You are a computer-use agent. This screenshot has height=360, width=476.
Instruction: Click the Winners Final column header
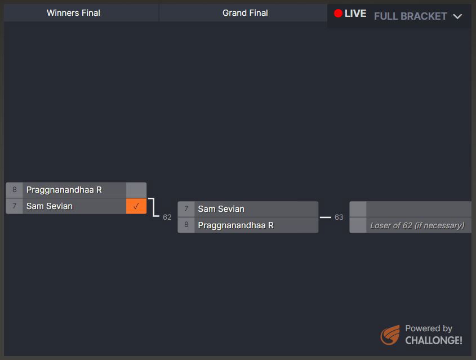[x=73, y=13]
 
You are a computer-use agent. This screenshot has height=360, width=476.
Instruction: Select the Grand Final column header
[x=245, y=13]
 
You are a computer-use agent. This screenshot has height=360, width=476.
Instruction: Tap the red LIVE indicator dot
[x=338, y=14]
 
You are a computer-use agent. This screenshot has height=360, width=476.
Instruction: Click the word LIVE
[x=355, y=14]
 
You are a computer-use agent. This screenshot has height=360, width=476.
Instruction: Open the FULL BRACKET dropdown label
[x=410, y=16]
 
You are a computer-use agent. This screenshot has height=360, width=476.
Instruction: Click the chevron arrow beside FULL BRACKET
[x=457, y=16]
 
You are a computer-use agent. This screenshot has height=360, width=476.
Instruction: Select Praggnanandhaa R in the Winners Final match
[x=64, y=190]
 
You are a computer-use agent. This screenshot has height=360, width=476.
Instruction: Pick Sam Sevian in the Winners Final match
[x=50, y=206]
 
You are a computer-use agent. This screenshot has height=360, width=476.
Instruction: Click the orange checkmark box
[x=136, y=206]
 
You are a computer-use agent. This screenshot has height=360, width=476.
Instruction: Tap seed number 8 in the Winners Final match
[x=15, y=190]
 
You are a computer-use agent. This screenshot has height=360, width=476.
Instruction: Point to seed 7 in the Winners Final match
[x=15, y=206]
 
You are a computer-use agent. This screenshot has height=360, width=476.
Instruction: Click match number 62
[x=167, y=217]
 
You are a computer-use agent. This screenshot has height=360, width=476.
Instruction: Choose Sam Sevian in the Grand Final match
[x=221, y=209]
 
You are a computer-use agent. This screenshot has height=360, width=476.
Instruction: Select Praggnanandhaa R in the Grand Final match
[x=235, y=225]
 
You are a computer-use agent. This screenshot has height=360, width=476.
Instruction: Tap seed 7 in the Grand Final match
[x=186, y=209]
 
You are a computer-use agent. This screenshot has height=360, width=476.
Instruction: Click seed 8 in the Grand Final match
[x=186, y=225]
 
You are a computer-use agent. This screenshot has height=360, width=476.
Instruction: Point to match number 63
[x=339, y=217]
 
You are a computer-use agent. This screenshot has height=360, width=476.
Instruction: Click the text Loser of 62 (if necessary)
[x=417, y=225]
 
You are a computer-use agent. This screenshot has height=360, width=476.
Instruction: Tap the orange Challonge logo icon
[x=390, y=335]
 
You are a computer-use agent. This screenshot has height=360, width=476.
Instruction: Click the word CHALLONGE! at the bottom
[x=434, y=340]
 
